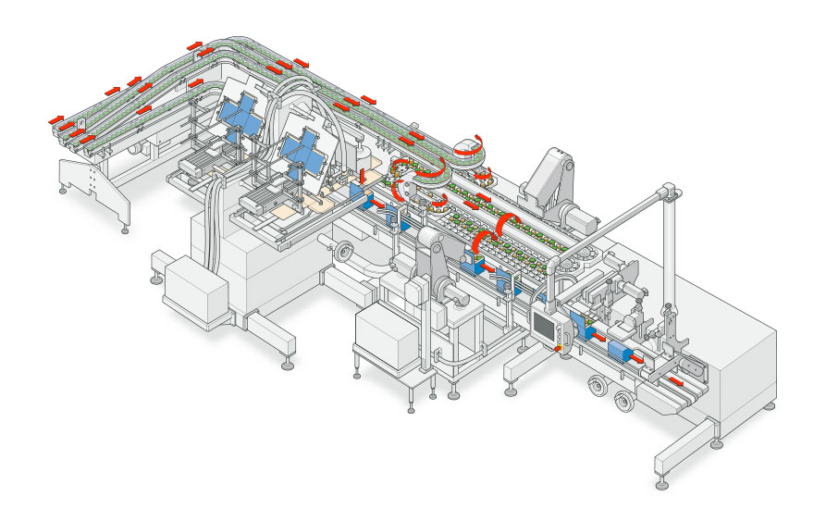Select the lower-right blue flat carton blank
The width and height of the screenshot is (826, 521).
303,150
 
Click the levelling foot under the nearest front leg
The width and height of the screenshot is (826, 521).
662,482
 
